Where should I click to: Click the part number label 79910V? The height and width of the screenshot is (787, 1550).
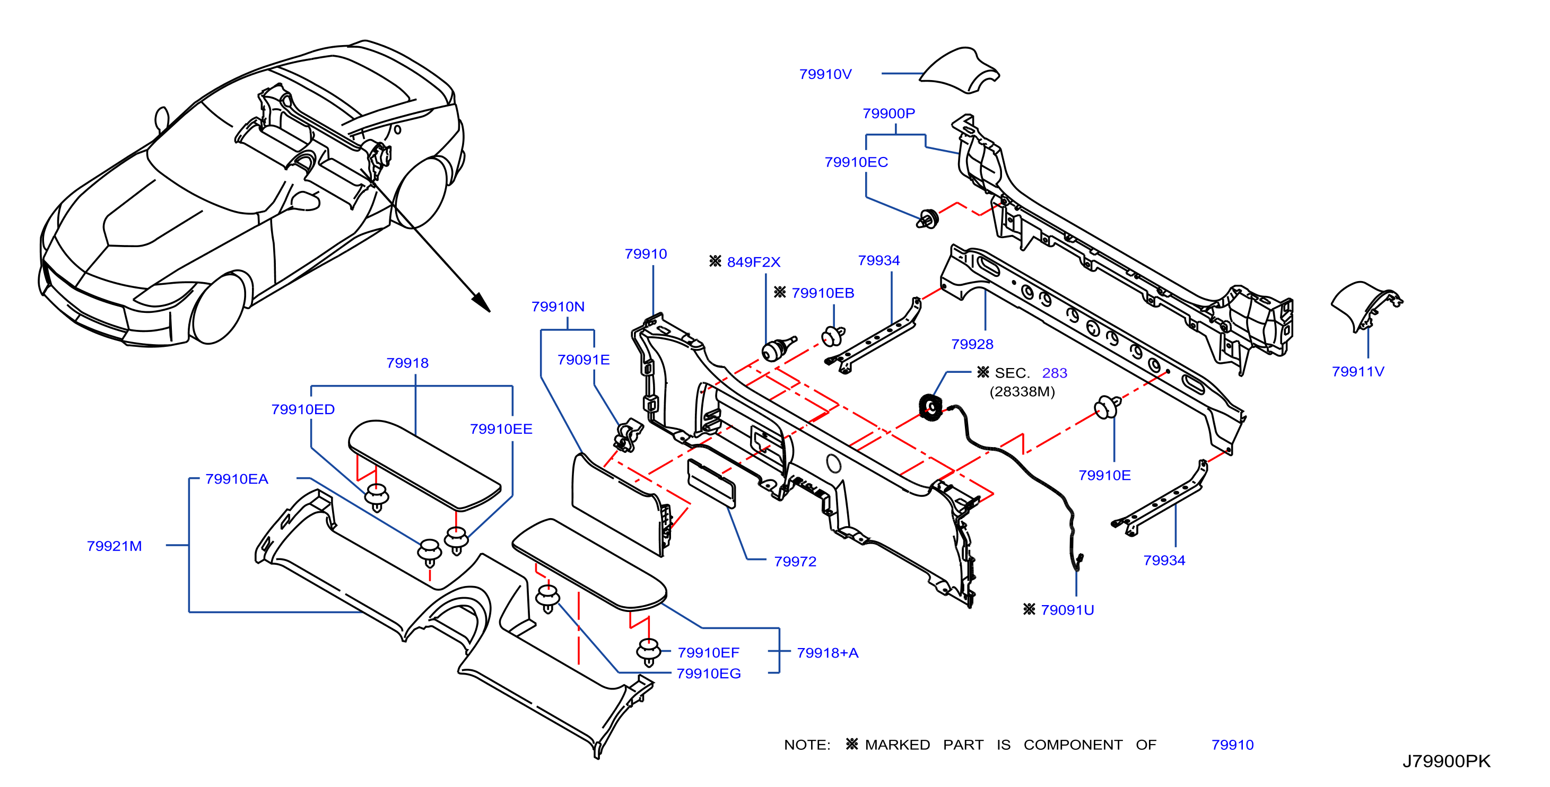click(825, 74)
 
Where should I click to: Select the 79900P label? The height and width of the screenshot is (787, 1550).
click(889, 113)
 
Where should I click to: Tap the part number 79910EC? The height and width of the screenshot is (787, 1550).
click(856, 162)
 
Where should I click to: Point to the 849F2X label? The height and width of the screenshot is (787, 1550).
click(753, 262)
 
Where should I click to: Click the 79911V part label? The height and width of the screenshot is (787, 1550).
click(1358, 371)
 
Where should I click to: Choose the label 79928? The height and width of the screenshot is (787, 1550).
click(972, 344)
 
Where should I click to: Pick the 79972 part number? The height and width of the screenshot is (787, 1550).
click(796, 562)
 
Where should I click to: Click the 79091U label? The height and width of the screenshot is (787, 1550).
click(1067, 609)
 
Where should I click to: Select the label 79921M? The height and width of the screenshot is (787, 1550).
click(115, 546)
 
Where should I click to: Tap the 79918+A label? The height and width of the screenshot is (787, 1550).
click(828, 653)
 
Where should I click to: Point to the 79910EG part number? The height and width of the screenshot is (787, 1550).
click(709, 674)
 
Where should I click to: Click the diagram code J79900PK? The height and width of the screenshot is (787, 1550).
click(1447, 761)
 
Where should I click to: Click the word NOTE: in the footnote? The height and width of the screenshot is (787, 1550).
click(807, 745)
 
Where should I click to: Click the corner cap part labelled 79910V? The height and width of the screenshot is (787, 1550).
click(960, 71)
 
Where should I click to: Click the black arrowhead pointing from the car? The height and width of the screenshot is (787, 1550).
click(481, 302)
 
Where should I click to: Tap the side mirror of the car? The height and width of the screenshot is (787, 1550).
click(162, 119)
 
